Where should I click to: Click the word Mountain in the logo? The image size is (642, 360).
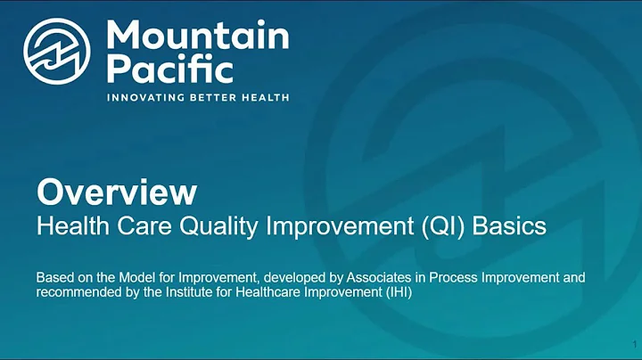pos(197,37)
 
